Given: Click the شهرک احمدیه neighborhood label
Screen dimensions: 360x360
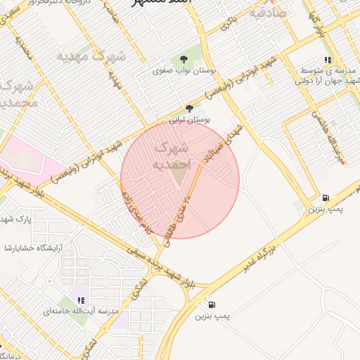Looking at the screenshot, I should [x=171, y=155].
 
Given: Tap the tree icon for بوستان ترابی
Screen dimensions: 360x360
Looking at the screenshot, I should [x=188, y=108].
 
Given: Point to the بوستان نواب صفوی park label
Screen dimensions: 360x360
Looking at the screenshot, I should [x=184, y=71].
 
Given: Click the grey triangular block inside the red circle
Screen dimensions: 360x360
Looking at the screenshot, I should [x=184, y=177].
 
